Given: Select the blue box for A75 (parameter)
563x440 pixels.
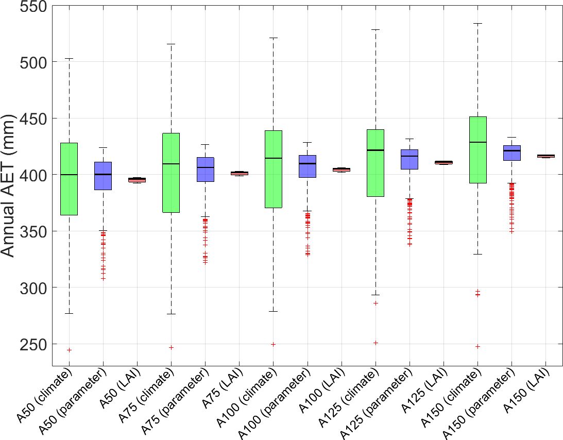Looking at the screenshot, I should click(205, 170).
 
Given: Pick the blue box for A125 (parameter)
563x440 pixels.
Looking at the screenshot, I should click(410, 159).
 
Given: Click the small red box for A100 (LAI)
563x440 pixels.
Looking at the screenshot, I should click(342, 170).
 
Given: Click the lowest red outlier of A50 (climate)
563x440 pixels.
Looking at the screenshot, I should click(69, 350).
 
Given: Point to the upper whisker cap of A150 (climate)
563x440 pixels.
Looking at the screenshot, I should click(478, 23).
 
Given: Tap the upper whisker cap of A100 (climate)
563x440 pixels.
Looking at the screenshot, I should click(273, 38).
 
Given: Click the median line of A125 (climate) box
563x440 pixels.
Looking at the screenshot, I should click(376, 150).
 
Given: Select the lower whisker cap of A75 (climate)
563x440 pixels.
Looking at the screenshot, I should click(171, 314).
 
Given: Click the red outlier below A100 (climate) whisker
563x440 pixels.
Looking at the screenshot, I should click(273, 344).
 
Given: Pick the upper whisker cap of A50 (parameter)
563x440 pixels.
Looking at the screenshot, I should click(103, 147).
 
